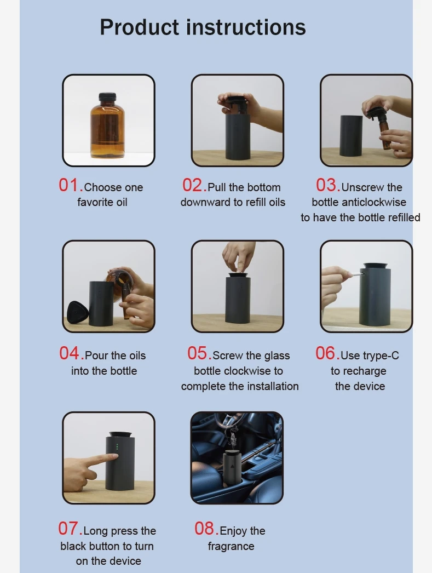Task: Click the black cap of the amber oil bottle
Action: coord(108,97)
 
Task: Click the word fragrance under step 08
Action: coord(231,546)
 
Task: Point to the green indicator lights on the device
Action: coord(117,446)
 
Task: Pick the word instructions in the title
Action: coord(246,28)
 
